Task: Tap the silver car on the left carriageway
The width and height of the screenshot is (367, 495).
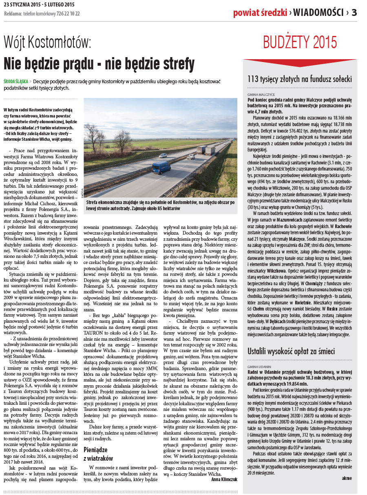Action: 163,155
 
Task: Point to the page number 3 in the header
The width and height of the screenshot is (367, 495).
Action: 354,13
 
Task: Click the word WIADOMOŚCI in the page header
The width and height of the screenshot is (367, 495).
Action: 318,13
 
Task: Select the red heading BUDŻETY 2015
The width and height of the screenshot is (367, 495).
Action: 300,42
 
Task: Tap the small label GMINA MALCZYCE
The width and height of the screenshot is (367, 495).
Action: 261,94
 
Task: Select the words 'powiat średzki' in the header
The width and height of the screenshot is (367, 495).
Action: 260,13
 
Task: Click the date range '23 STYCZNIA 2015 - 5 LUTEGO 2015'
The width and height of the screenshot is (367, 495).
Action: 39,5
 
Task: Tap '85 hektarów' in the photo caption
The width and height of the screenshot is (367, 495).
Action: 166,209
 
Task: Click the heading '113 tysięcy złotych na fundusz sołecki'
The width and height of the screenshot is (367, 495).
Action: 300,80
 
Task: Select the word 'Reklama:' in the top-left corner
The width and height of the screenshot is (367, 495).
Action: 13,13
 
